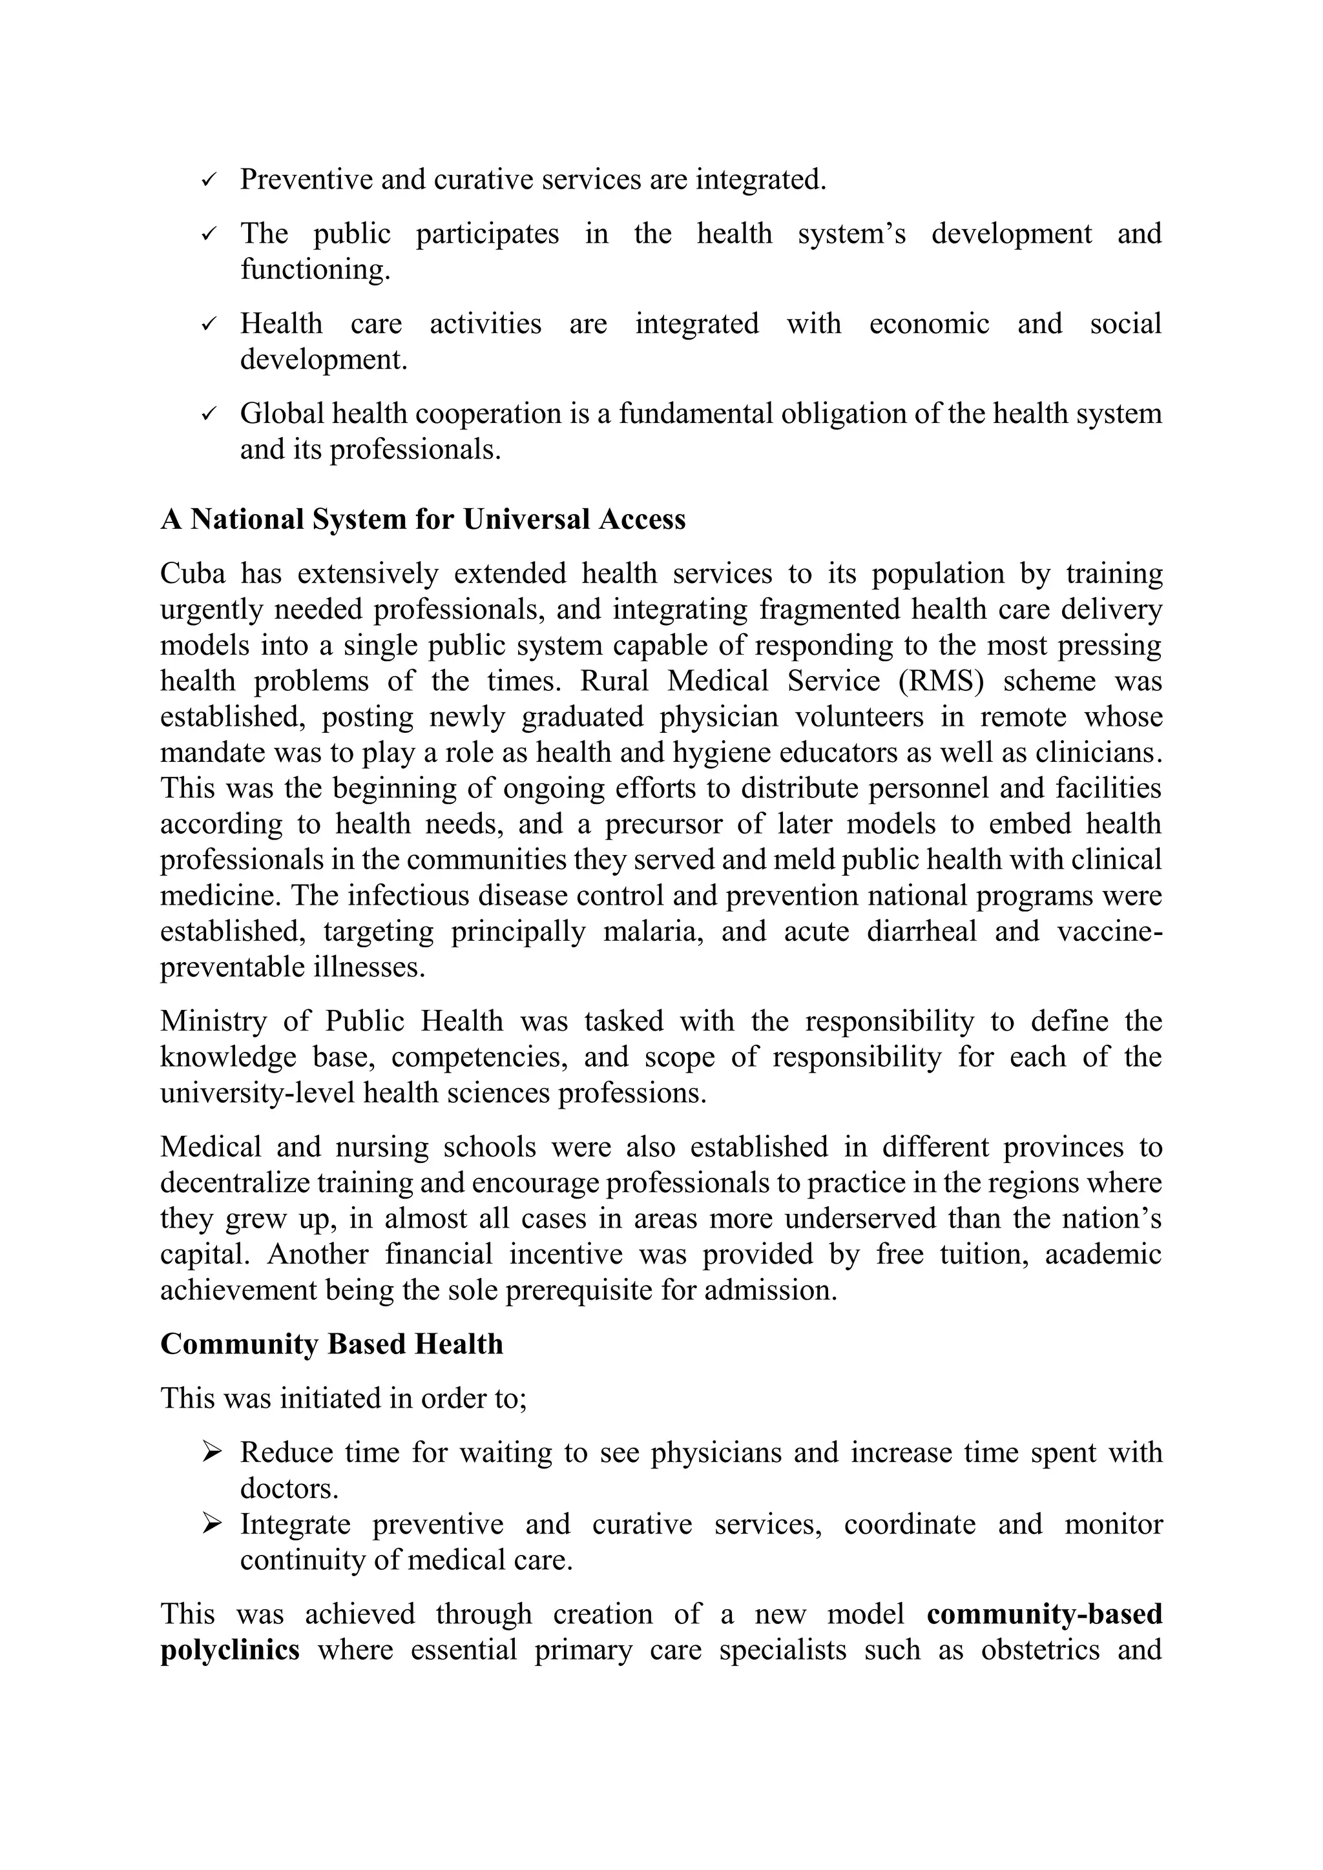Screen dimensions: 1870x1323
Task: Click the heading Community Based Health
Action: tap(331, 1344)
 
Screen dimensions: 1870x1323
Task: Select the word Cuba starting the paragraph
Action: tap(193, 573)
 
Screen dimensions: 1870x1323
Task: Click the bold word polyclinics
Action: tap(230, 1650)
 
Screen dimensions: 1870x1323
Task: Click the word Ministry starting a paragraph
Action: tap(212, 1022)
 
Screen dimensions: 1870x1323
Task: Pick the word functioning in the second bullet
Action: tap(315, 269)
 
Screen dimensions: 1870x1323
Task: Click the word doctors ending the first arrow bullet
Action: tap(287, 1488)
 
